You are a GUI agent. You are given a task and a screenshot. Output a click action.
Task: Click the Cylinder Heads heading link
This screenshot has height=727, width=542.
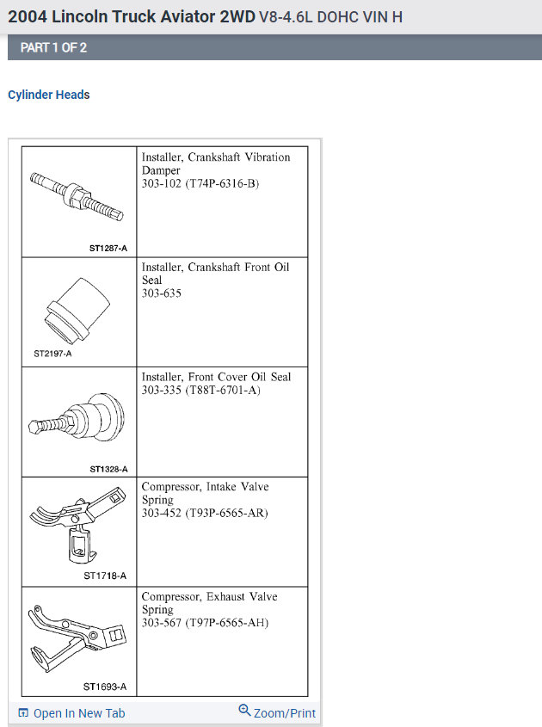49,95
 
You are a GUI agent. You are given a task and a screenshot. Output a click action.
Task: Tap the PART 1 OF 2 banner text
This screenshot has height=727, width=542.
53,47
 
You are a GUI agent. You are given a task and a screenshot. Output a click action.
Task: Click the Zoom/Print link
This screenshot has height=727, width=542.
284,713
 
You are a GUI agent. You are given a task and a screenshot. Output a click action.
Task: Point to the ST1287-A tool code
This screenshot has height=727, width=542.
108,248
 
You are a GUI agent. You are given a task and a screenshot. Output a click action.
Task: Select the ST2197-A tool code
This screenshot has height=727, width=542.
52,353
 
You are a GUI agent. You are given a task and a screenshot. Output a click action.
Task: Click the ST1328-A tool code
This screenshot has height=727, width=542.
108,469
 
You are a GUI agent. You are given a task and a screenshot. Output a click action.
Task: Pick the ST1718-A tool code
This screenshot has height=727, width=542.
105,576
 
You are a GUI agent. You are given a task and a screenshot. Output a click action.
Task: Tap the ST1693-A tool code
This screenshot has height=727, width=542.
105,687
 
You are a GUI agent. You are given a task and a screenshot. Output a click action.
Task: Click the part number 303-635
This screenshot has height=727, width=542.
162,293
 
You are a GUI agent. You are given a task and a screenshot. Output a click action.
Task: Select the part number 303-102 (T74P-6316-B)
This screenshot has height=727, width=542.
200,183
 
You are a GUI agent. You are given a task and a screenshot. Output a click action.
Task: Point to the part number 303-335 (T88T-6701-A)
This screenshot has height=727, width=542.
200,390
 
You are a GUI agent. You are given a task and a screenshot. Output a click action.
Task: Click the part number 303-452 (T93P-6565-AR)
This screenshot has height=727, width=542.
205,513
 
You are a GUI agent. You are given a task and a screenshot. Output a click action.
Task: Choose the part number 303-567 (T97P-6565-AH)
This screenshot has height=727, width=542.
205,622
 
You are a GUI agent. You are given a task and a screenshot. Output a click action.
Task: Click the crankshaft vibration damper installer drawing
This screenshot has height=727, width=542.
76,195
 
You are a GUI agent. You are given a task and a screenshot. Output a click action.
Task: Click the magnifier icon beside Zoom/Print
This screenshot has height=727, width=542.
245,711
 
